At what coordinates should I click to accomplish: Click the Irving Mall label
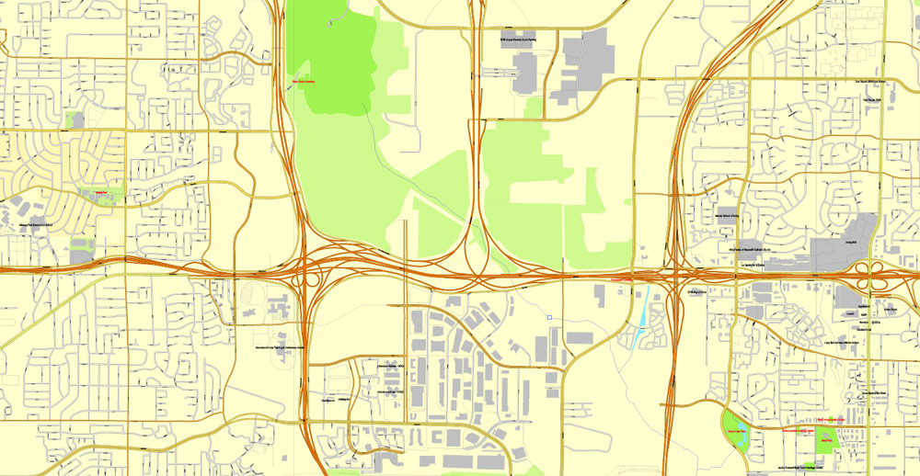point(849,243)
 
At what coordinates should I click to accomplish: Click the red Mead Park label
point(826,438)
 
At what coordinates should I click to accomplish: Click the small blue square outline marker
point(548,318)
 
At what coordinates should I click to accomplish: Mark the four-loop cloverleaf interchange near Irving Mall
point(879,271)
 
